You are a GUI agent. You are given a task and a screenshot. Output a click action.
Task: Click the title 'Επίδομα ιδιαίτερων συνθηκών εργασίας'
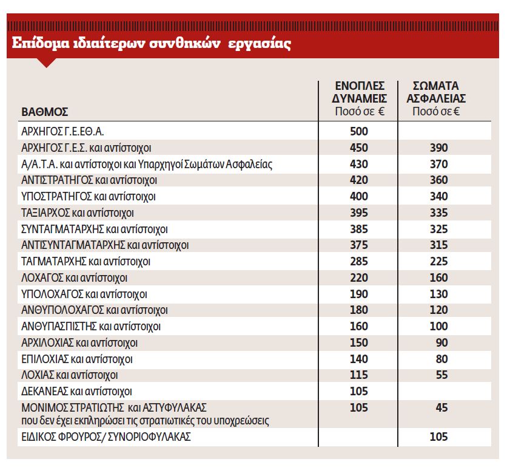click(x=150, y=44)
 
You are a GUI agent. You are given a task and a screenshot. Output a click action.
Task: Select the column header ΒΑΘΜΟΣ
click(x=45, y=112)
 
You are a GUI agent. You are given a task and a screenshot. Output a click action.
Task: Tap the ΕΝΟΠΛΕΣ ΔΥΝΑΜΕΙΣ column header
click(x=360, y=97)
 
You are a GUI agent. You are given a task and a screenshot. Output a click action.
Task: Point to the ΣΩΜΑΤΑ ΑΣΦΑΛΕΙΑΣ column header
click(x=439, y=97)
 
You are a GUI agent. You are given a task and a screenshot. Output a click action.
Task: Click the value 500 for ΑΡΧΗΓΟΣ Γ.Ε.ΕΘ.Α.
click(x=359, y=131)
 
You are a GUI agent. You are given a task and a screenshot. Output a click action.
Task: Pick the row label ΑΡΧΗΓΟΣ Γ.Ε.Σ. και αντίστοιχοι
click(x=86, y=148)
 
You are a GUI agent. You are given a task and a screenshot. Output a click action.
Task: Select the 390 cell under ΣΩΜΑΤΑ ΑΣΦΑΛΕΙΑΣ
click(x=438, y=148)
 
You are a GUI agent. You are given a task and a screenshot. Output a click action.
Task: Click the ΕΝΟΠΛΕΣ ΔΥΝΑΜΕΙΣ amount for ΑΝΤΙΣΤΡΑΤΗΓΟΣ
click(x=359, y=180)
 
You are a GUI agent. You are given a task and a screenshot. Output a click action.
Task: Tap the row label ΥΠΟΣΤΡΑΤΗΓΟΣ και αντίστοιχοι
click(x=89, y=197)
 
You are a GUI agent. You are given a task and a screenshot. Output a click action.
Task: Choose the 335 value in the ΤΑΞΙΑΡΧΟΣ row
click(x=438, y=213)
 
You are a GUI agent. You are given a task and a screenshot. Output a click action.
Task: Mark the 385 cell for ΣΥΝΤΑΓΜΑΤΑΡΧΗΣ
click(x=359, y=230)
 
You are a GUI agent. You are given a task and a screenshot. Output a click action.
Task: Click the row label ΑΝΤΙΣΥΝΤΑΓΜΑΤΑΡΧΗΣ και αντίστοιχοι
click(x=105, y=245)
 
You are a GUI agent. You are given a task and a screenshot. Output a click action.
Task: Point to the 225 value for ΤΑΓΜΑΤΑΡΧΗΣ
click(x=438, y=262)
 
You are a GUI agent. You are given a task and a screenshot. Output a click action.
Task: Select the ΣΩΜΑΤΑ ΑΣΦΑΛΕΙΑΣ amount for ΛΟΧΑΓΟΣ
click(x=438, y=278)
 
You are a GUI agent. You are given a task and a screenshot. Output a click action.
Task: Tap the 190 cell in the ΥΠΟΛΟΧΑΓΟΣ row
click(x=359, y=294)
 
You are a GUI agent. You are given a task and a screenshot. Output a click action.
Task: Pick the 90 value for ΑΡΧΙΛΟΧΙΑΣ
click(x=442, y=343)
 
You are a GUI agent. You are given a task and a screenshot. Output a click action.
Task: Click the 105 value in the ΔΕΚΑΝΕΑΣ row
click(x=359, y=392)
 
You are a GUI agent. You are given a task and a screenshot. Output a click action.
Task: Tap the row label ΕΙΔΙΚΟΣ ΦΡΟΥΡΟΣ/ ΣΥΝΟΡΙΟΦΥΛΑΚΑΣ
click(x=106, y=437)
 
